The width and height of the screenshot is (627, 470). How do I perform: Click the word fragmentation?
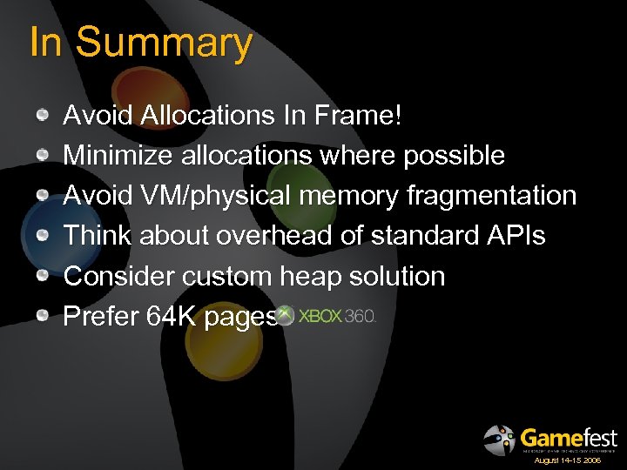(x=491, y=196)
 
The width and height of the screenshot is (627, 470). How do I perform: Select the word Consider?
(x=119, y=277)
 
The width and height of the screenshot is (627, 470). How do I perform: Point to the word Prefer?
(x=100, y=317)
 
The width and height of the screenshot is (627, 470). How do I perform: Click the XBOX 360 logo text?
(x=336, y=316)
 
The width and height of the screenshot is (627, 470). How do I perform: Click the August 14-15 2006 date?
(x=567, y=460)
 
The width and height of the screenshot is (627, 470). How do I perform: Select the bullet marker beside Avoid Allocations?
(x=44, y=116)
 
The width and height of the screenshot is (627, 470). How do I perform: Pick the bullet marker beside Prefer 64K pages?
(x=44, y=317)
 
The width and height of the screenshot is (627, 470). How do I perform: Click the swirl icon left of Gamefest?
(x=499, y=440)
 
